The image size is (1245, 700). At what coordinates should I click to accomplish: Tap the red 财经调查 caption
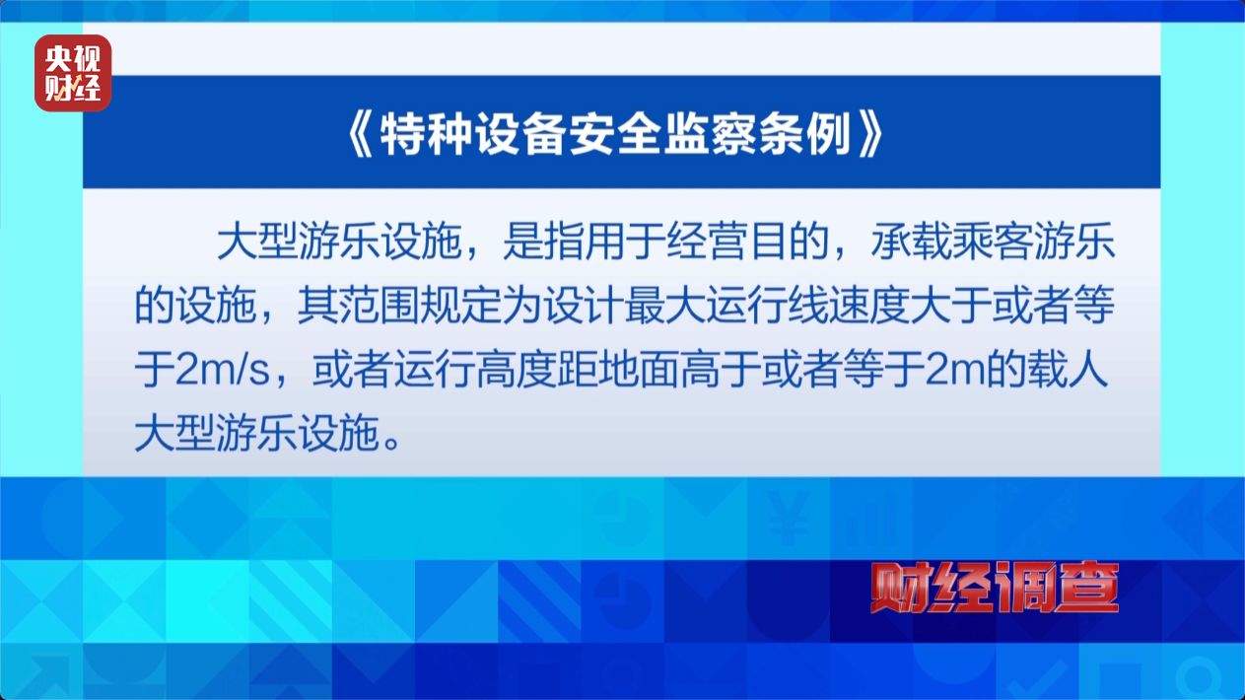coord(996,589)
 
